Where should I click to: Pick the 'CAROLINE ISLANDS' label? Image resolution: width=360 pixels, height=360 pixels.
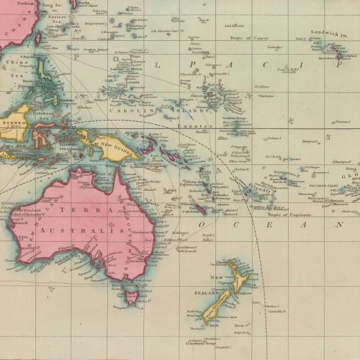[159, 110]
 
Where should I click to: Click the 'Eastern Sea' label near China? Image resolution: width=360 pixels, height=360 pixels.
[56, 18]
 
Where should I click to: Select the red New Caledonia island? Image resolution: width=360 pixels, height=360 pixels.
[200, 208]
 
